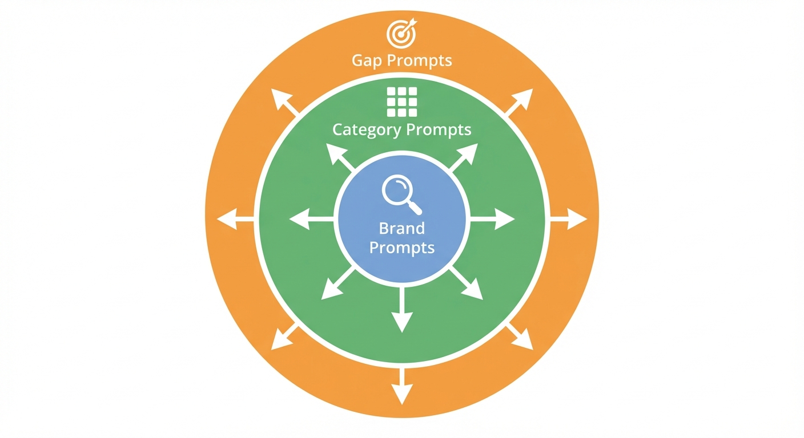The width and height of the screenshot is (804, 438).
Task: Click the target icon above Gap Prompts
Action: (x=401, y=34)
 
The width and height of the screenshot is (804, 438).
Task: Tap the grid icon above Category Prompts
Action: (x=402, y=102)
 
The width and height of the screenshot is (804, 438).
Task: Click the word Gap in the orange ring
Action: (x=365, y=60)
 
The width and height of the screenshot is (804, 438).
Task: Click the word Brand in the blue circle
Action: (x=402, y=228)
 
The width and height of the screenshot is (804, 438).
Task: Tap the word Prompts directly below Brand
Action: (x=402, y=248)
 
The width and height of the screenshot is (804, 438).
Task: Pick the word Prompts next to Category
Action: (x=438, y=130)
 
